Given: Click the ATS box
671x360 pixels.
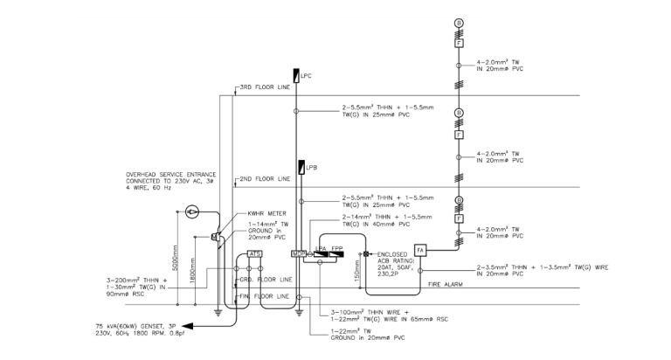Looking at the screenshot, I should pos(256,253).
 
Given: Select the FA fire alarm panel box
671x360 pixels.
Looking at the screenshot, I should pos(419,250).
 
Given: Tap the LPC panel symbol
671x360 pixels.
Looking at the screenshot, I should pos(297,77).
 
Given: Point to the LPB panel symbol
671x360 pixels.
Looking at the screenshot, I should pos(301,167).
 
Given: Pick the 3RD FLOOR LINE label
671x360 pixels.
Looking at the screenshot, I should pos(266,87).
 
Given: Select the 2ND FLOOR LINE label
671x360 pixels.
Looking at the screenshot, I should pos(266,178).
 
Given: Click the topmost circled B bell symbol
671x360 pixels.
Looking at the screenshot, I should pos(459,23).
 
